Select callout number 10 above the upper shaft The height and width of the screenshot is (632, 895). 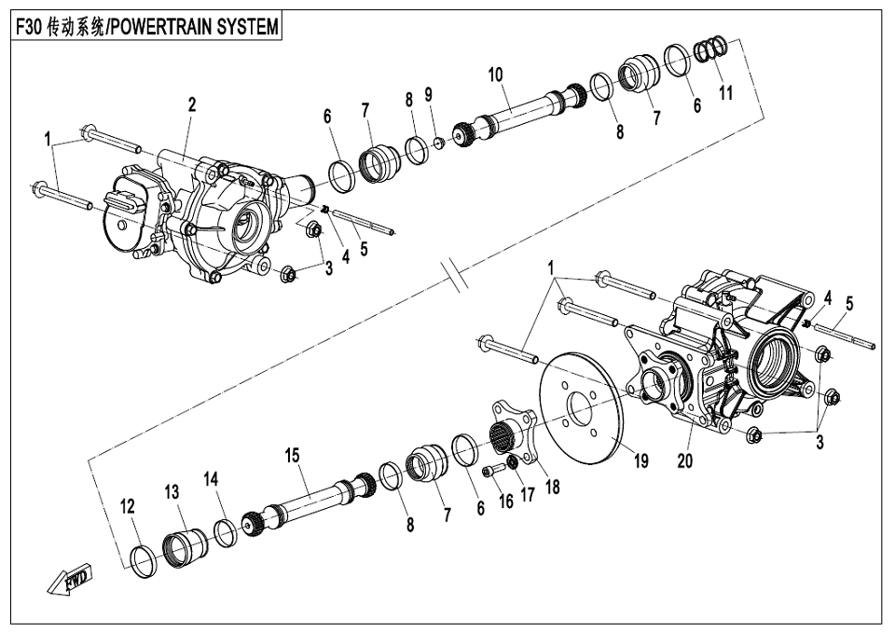click(495, 74)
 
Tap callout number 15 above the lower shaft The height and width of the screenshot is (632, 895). click(293, 456)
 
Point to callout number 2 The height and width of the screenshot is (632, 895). click(191, 105)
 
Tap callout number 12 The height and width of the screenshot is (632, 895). click(127, 507)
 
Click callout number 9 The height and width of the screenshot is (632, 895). click(428, 94)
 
